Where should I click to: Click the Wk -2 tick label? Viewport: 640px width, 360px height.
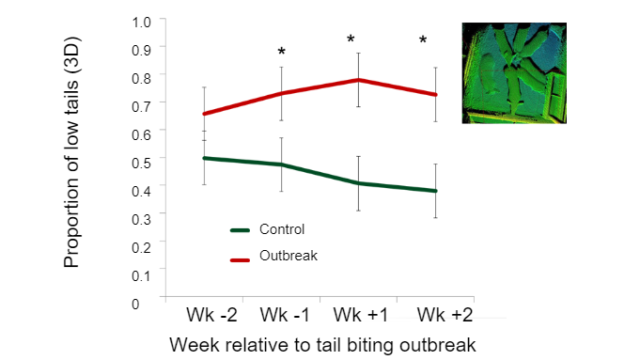204,313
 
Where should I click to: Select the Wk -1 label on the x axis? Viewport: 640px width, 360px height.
281,313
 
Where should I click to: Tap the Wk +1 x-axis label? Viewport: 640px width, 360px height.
358,313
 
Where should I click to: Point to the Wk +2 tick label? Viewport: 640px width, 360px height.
437,313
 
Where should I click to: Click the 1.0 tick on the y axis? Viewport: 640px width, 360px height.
142,21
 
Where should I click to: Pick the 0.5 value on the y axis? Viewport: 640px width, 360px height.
142,162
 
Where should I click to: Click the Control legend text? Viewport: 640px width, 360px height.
286,228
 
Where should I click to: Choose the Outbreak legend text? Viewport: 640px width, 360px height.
290,254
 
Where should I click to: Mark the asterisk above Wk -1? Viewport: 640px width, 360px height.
281,52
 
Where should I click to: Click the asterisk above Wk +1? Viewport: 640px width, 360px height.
351,40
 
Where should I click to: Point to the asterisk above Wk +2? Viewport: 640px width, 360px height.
423,40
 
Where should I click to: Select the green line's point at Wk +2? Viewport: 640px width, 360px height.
435,191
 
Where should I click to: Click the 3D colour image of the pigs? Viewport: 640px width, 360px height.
514,73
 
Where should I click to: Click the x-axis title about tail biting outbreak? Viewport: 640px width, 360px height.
322,344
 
